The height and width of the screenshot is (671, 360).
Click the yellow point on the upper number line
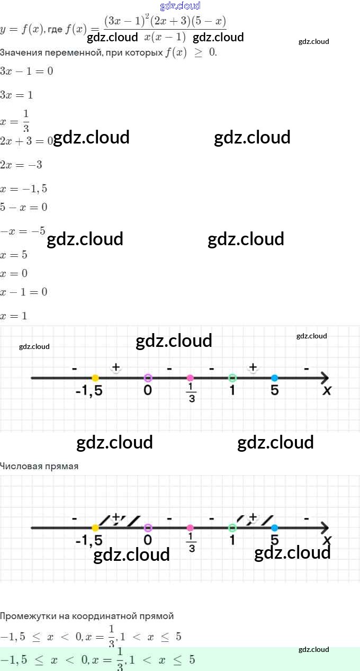pos(95,378)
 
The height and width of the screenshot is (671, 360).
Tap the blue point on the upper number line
pos(274,378)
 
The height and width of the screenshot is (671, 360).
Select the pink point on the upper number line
pos(190,378)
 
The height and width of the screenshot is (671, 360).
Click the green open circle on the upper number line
pos(232,378)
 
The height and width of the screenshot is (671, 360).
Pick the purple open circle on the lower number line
pos(148,527)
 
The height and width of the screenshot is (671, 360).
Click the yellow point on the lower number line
pos(95,527)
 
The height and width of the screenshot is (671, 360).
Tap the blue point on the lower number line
pos(274,527)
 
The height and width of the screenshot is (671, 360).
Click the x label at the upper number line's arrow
pos(327,391)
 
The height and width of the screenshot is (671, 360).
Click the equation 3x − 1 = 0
pos(26,71)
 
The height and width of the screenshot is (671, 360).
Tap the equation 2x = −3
pos(21,165)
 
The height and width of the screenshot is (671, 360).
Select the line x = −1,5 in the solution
pos(24,189)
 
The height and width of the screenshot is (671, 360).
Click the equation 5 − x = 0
pos(24,207)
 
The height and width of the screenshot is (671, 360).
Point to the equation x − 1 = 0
pos(24,292)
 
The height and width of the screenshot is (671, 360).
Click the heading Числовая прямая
pos(39,466)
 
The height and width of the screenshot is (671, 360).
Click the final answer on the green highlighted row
pos(98,659)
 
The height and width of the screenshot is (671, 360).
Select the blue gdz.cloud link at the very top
pos(180,6)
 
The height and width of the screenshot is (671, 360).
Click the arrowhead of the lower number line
pos(324,527)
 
